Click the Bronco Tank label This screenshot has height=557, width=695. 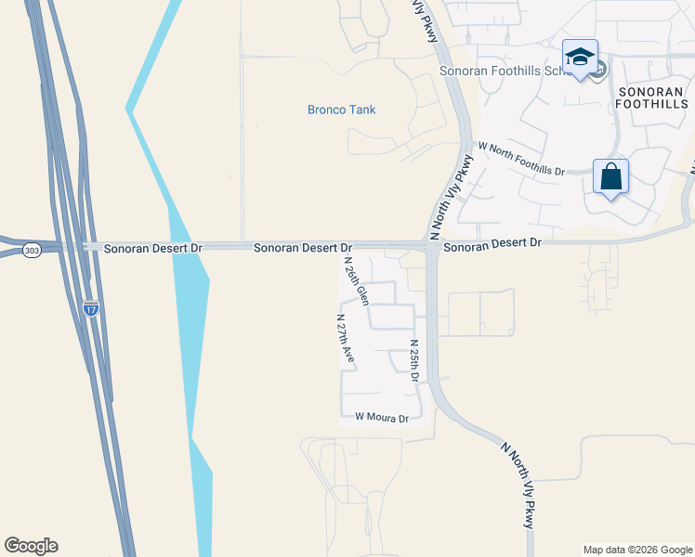341,110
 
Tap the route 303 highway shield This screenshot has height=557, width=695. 32,252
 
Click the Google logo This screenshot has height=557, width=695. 31,546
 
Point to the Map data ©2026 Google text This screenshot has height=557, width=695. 637,550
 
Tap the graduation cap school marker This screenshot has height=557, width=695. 580,58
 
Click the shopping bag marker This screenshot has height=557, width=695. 610,176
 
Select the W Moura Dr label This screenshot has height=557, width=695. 382,419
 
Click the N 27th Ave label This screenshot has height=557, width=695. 345,336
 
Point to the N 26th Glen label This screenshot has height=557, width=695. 357,281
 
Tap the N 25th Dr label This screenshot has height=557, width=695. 414,360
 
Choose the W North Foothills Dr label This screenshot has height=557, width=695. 521,159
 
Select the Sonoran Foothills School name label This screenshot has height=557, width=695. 497,71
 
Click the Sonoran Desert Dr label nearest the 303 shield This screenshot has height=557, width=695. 152,249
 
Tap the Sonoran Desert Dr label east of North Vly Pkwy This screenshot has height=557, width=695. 492,242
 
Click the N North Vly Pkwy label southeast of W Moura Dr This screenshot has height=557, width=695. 517,485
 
